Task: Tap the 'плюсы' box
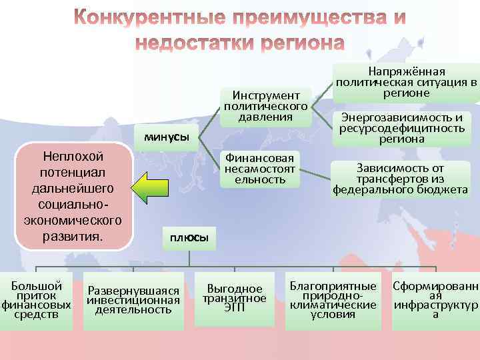coord(189,237)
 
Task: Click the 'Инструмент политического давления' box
coord(266,105)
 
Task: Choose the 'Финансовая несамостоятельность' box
coord(260,169)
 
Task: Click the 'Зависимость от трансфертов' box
coord(400,179)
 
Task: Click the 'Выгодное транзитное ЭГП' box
coord(234,299)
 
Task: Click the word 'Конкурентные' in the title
coord(158,17)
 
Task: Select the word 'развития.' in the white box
coord(73,235)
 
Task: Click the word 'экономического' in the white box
coord(73,219)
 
